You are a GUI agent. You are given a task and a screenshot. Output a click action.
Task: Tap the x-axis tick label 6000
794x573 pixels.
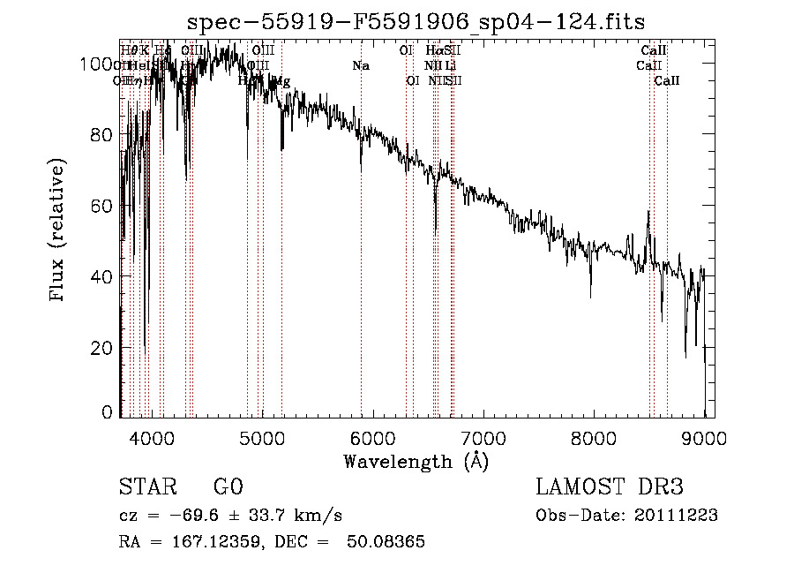[x=372, y=437]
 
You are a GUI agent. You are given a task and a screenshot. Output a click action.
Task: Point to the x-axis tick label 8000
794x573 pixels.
[x=594, y=437]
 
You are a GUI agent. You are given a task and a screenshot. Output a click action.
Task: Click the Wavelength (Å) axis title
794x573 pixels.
[x=416, y=461]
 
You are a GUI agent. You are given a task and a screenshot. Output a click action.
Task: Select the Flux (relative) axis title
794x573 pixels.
[x=59, y=232]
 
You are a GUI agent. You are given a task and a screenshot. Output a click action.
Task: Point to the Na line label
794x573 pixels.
[x=361, y=65]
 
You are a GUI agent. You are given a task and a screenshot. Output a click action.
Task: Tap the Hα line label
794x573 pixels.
[x=432, y=50]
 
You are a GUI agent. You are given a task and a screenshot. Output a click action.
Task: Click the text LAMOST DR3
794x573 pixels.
[x=610, y=487]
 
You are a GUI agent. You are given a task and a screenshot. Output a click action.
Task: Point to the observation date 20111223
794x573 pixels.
[x=676, y=516]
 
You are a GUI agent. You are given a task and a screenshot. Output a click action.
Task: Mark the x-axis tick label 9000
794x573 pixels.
[x=704, y=437]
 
